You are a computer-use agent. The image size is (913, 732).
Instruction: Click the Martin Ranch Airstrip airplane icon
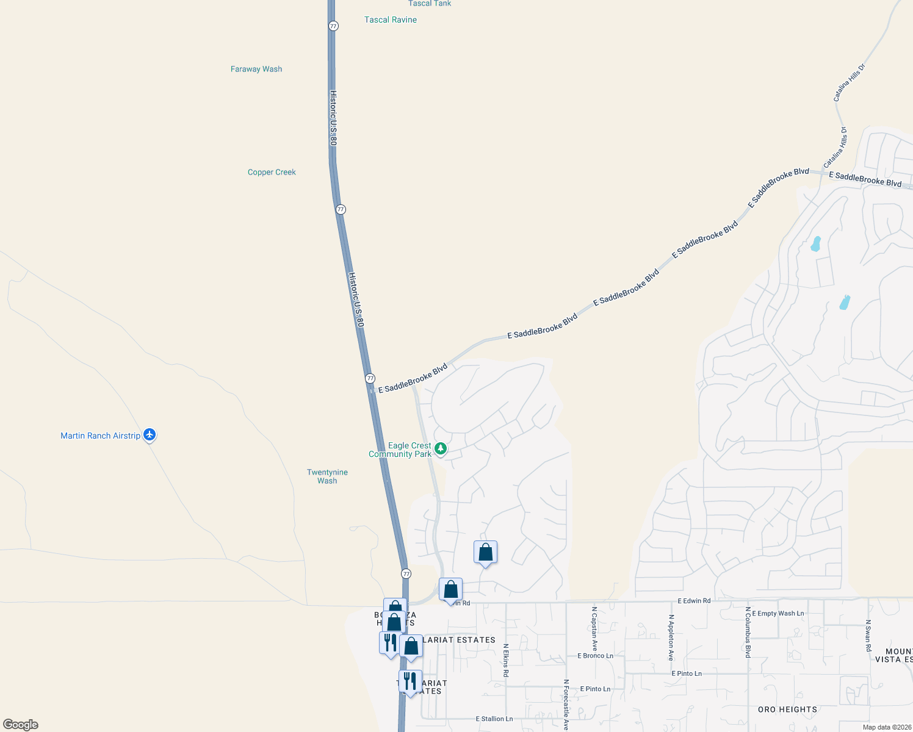pos(150,435)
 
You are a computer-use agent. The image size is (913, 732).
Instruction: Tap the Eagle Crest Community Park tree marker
pos(440,449)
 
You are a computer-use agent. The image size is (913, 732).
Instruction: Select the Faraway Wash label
pos(256,69)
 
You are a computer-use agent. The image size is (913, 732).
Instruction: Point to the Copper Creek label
pos(272,172)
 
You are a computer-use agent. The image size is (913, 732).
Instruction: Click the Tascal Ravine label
pos(391,20)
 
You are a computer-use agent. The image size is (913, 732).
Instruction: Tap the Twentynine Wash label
pos(327,476)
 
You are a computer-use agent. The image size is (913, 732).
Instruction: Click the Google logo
pos(21,725)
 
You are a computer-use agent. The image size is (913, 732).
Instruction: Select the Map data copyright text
pos(887,727)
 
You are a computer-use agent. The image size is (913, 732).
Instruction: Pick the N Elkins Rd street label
pos(505,660)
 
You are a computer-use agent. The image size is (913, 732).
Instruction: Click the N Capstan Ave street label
pos(594,630)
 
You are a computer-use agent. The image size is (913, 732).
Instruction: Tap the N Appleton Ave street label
pos(671,637)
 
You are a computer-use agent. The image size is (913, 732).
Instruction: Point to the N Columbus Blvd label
pos(747,632)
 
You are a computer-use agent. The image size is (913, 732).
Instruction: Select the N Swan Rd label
pos(868,636)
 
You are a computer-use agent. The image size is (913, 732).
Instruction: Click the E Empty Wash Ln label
pos(778,614)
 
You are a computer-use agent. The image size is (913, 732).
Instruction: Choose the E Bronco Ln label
pos(595,656)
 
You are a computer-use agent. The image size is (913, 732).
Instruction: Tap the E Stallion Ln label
pos(494,719)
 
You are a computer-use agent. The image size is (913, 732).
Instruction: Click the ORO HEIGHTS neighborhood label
pos(787,709)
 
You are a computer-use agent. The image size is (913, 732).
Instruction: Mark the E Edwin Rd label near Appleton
pos(694,601)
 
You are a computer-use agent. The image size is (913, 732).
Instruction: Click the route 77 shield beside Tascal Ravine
pos(333,26)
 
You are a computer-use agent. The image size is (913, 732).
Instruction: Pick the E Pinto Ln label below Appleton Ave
pos(687,673)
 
